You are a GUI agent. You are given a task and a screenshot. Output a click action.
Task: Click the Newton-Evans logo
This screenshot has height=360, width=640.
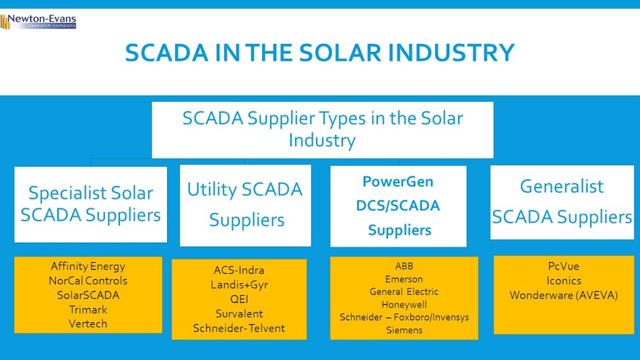tap(38, 22)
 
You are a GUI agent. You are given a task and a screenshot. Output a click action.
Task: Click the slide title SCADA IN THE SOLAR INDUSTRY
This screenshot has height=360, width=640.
tap(319, 53)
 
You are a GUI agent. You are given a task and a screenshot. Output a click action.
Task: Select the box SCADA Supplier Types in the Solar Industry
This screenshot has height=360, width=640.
tap(322, 129)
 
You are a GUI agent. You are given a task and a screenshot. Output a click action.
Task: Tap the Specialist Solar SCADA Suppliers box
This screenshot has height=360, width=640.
tap(90, 204)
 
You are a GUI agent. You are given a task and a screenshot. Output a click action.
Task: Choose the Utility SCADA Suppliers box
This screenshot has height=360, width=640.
tap(245, 205)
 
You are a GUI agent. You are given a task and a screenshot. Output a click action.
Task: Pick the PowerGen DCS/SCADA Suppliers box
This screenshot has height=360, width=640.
tap(398, 206)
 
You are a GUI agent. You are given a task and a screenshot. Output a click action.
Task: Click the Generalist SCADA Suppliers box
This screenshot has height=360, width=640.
tap(561, 202)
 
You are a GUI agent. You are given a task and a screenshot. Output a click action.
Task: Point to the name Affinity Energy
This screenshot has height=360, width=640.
tap(88, 266)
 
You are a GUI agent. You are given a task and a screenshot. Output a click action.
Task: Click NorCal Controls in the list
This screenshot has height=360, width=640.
tap(88, 280)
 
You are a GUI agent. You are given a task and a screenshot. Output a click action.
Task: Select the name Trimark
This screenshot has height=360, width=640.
tap(88, 309)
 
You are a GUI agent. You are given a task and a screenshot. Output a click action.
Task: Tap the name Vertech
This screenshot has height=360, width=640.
tap(88, 324)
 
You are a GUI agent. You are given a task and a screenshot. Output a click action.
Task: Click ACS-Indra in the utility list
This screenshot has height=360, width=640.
tap(238, 270)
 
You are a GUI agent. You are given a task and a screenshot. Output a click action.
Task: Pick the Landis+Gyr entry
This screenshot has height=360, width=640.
tap(238, 285)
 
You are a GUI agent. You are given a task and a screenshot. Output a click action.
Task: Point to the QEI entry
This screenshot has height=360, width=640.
tap(238, 299)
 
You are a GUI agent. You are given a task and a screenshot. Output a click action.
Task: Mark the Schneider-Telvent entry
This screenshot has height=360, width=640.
tap(238, 328)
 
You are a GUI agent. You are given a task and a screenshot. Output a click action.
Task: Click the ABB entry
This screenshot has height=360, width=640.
tap(404, 266)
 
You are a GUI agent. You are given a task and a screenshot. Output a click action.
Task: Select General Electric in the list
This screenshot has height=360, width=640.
tap(404, 292)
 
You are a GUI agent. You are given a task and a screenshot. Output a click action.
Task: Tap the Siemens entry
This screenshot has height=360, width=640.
tap(404, 330)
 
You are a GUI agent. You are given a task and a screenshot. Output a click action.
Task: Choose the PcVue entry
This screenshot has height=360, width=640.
tap(563, 266)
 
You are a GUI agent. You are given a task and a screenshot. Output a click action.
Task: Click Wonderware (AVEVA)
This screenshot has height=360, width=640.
tap(563, 295)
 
